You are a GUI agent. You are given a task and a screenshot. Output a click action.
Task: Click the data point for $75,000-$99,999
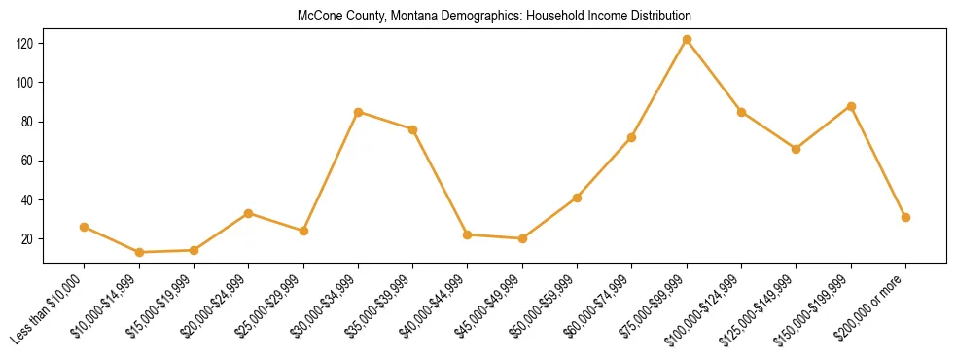(687, 40)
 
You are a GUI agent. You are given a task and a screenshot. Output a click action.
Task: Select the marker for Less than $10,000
(84, 227)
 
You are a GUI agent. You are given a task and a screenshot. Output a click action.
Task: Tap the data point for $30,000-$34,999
(358, 112)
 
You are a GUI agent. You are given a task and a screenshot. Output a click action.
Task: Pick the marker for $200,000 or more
(905, 217)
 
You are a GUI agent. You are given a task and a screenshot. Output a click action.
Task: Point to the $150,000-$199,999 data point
(851, 106)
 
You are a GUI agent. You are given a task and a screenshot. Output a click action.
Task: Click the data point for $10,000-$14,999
(139, 252)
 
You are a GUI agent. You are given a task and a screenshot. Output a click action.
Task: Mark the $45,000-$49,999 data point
(522, 238)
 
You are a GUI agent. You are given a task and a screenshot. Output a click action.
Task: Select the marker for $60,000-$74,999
(632, 137)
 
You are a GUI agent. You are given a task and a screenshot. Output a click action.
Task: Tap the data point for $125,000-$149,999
(796, 149)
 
